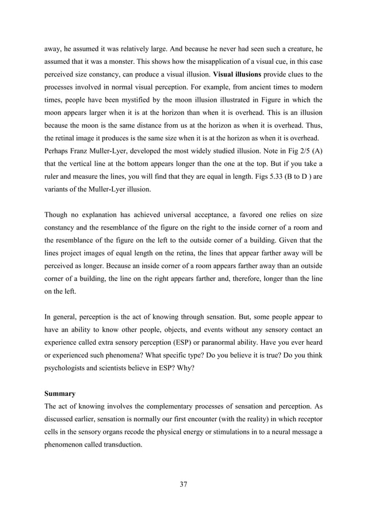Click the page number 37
coord(183,484)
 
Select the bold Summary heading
coord(60,394)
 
